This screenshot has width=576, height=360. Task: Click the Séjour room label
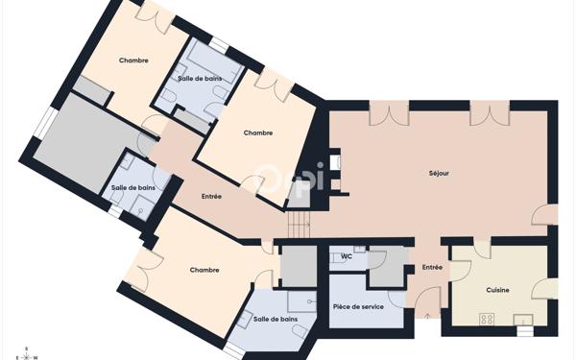tap(439, 173)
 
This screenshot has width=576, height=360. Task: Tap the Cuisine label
tap(497, 289)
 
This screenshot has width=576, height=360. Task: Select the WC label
tap(347, 256)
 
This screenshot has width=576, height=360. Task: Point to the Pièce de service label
tap(358, 306)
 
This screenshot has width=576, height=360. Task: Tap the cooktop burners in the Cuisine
tap(487, 319)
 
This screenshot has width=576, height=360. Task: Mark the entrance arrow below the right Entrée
tap(428, 315)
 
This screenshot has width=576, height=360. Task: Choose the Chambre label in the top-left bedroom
tap(133, 60)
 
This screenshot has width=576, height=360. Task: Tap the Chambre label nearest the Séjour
tap(257, 132)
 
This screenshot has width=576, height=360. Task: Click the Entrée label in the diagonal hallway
tap(211, 196)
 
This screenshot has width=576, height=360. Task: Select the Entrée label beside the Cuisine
tap(432, 267)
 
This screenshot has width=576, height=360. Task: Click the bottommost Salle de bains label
tap(275, 318)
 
